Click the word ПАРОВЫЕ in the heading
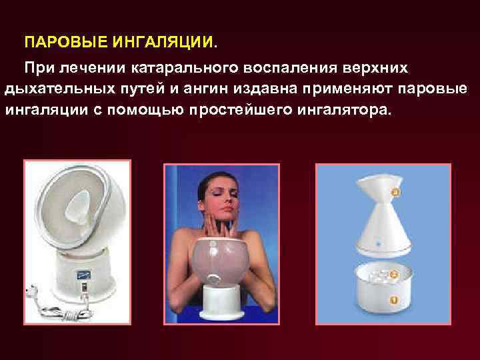tap(55, 43)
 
